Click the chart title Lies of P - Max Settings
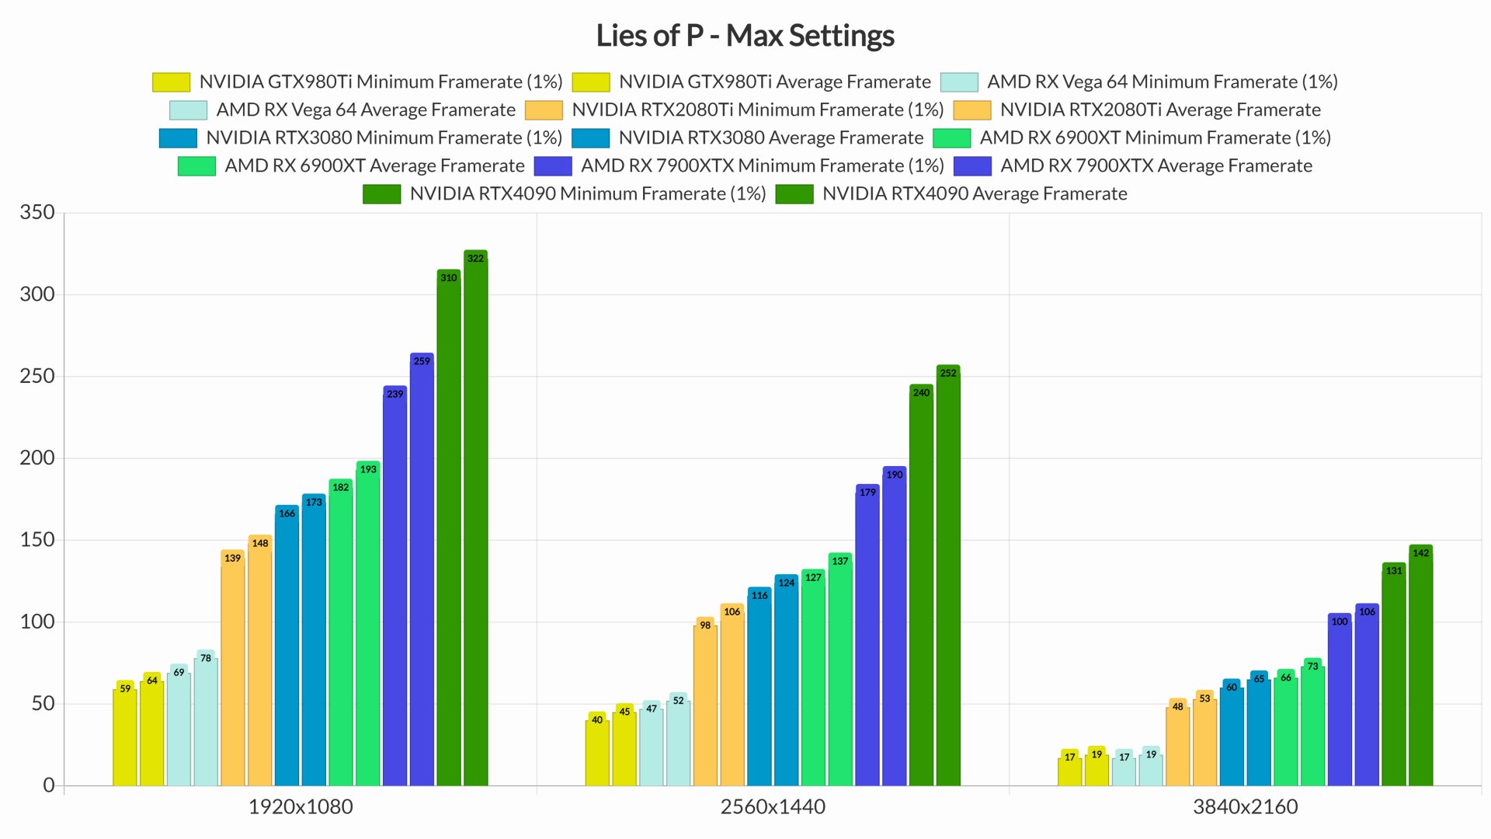745,36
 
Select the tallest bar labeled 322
475,520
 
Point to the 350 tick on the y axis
37,212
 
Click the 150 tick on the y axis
37,539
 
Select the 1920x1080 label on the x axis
301,806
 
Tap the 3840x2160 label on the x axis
1245,806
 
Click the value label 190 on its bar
895,475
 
